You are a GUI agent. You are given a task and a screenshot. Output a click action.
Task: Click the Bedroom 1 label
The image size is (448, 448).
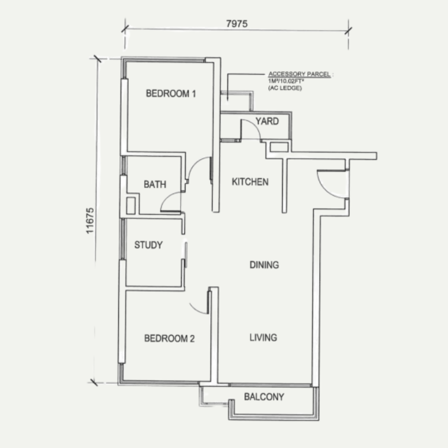[171, 93]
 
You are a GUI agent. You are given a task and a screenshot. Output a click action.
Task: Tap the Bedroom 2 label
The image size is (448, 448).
[169, 338]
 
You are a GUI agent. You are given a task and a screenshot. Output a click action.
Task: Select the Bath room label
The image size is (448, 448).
[155, 184]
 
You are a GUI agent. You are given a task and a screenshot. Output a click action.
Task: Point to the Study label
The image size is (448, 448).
[148, 245]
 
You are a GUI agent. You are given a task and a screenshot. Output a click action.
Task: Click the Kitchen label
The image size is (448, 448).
[250, 182]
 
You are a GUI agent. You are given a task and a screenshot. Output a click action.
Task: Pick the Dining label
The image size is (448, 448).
[264, 265]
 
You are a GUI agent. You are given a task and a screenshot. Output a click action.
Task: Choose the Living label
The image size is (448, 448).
[263, 337]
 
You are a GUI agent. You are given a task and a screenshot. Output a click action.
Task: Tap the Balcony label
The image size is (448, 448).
[264, 397]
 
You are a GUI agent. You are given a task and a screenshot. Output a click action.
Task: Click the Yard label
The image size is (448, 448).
[267, 121]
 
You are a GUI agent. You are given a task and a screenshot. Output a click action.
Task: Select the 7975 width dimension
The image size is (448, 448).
[237, 24]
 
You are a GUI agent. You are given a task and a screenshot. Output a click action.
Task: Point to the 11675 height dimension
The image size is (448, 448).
[90, 221]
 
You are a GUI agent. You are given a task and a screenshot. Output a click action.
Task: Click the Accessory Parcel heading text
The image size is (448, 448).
[299, 74]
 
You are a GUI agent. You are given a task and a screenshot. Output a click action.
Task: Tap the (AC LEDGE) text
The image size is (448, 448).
[285, 88]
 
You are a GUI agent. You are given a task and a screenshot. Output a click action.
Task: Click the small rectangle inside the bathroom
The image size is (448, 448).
[131, 206]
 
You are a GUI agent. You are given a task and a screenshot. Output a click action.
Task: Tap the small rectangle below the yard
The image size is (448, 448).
[279, 147]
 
